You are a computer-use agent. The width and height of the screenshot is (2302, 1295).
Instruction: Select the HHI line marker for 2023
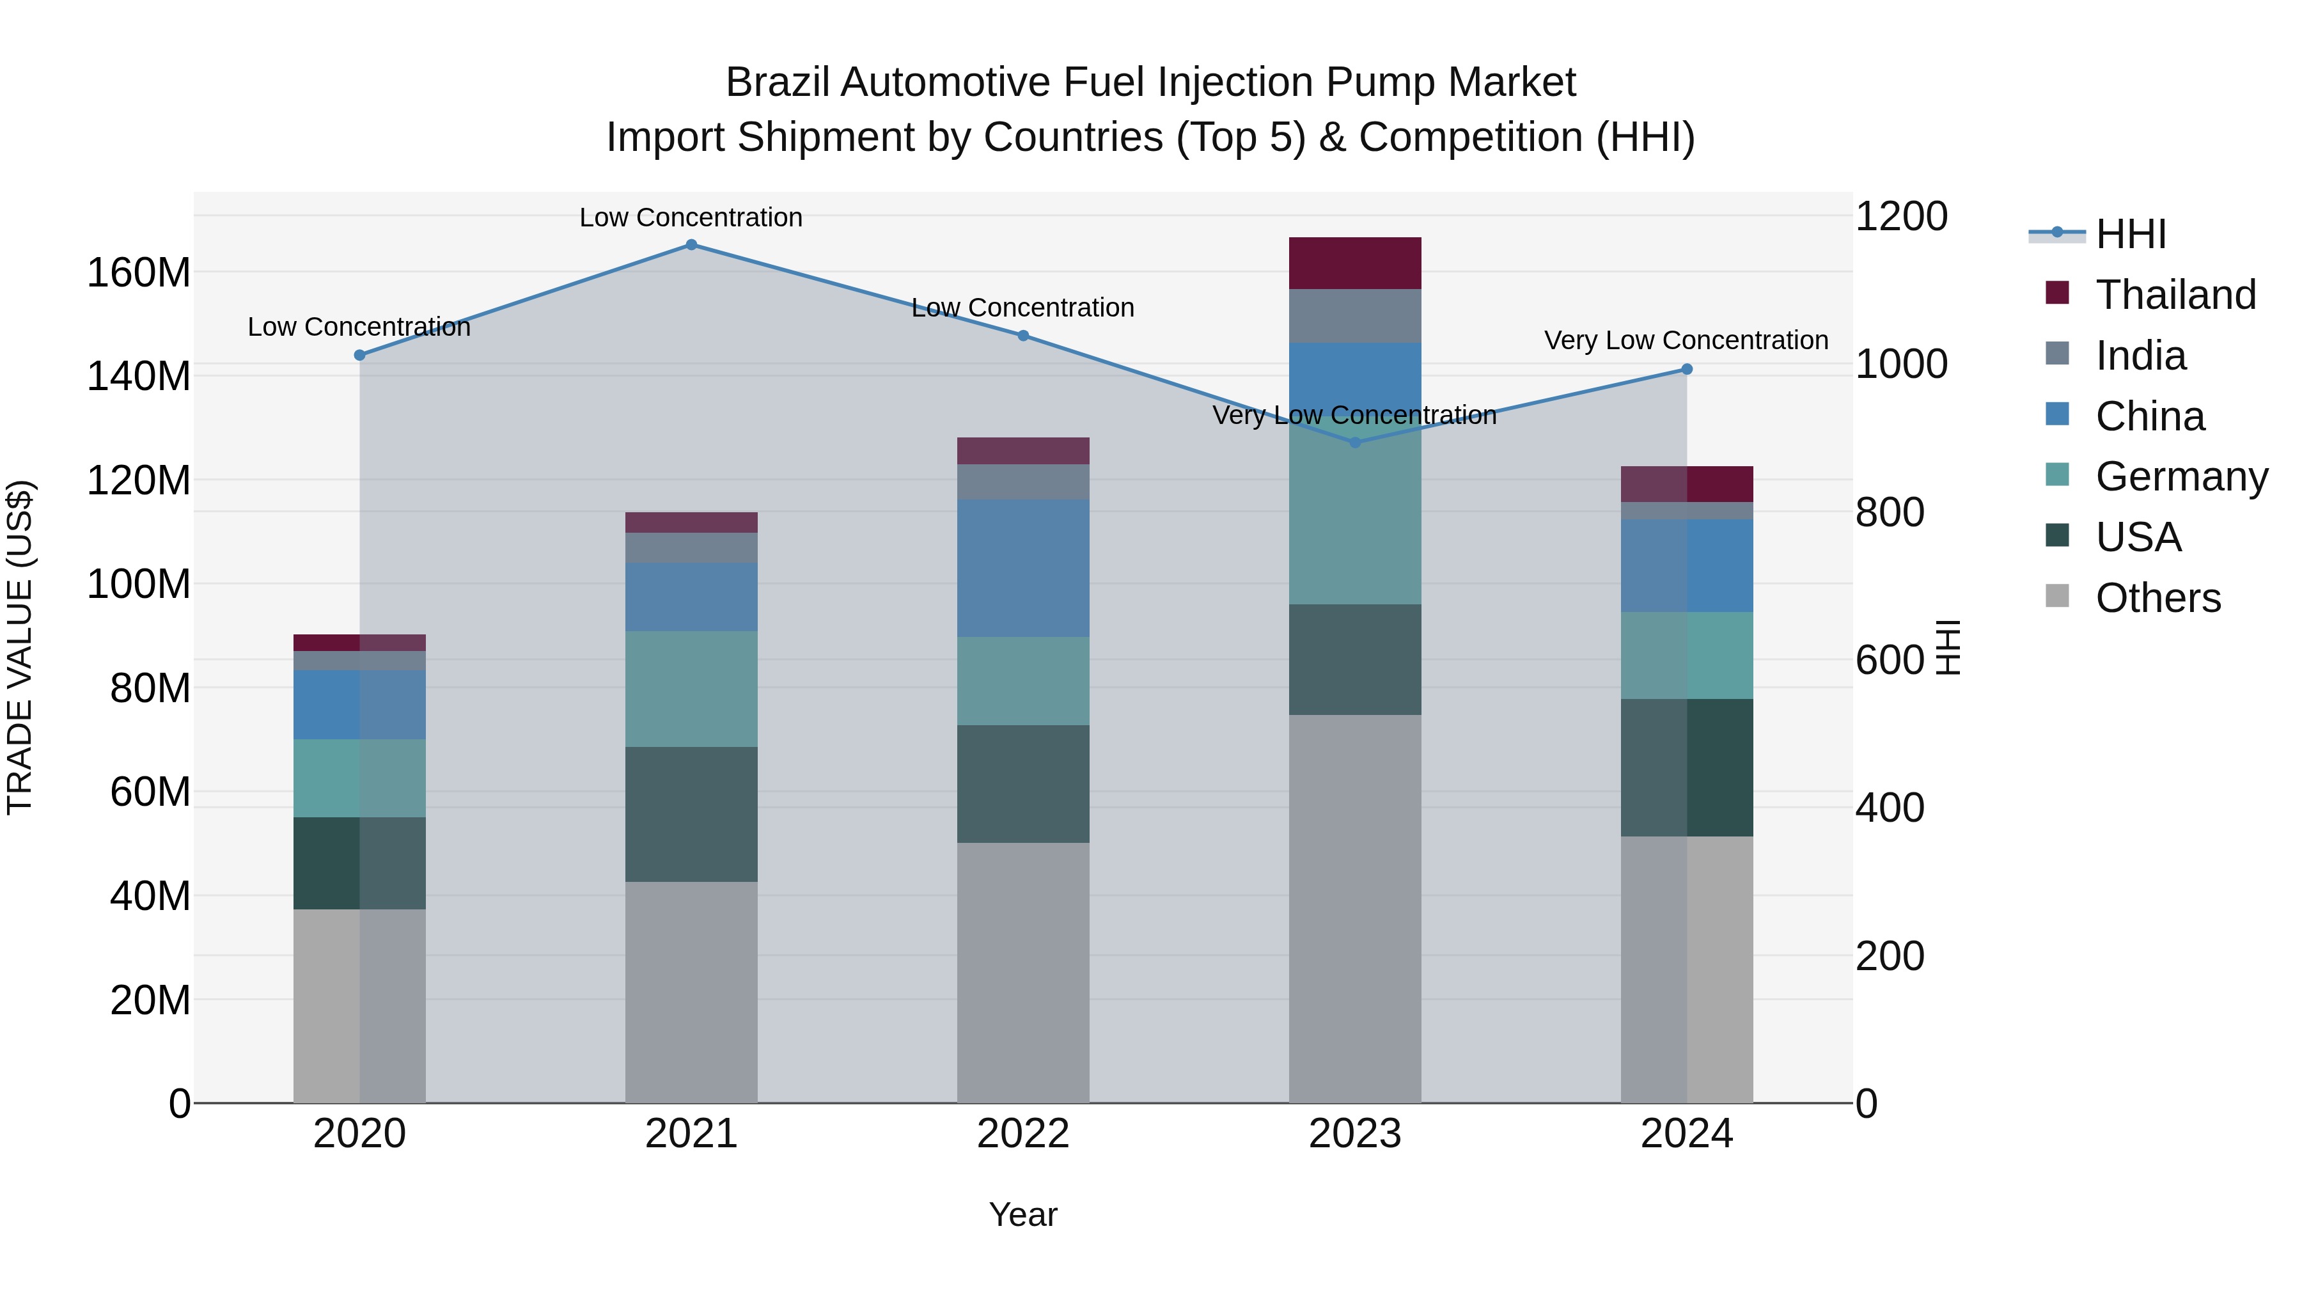click(1355, 443)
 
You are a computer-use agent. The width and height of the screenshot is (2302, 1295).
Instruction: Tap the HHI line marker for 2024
click(1686, 369)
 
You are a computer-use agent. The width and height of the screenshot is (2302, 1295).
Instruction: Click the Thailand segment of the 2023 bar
click(1355, 263)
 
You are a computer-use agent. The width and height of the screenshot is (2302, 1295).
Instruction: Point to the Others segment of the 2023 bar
click(1355, 908)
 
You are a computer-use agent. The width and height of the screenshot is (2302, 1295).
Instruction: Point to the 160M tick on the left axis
click(139, 272)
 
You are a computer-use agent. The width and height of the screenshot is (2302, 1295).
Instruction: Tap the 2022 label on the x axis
click(1023, 1134)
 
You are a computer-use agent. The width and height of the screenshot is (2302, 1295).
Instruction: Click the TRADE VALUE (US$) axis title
click(20, 647)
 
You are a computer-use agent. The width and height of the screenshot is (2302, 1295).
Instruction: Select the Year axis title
click(1023, 1214)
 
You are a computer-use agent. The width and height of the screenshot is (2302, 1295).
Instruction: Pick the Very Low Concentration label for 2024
click(1686, 340)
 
